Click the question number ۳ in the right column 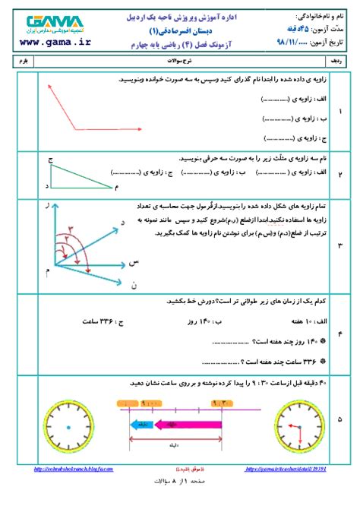point(339,245)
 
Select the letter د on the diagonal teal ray point(122,221)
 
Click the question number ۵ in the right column point(339,419)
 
